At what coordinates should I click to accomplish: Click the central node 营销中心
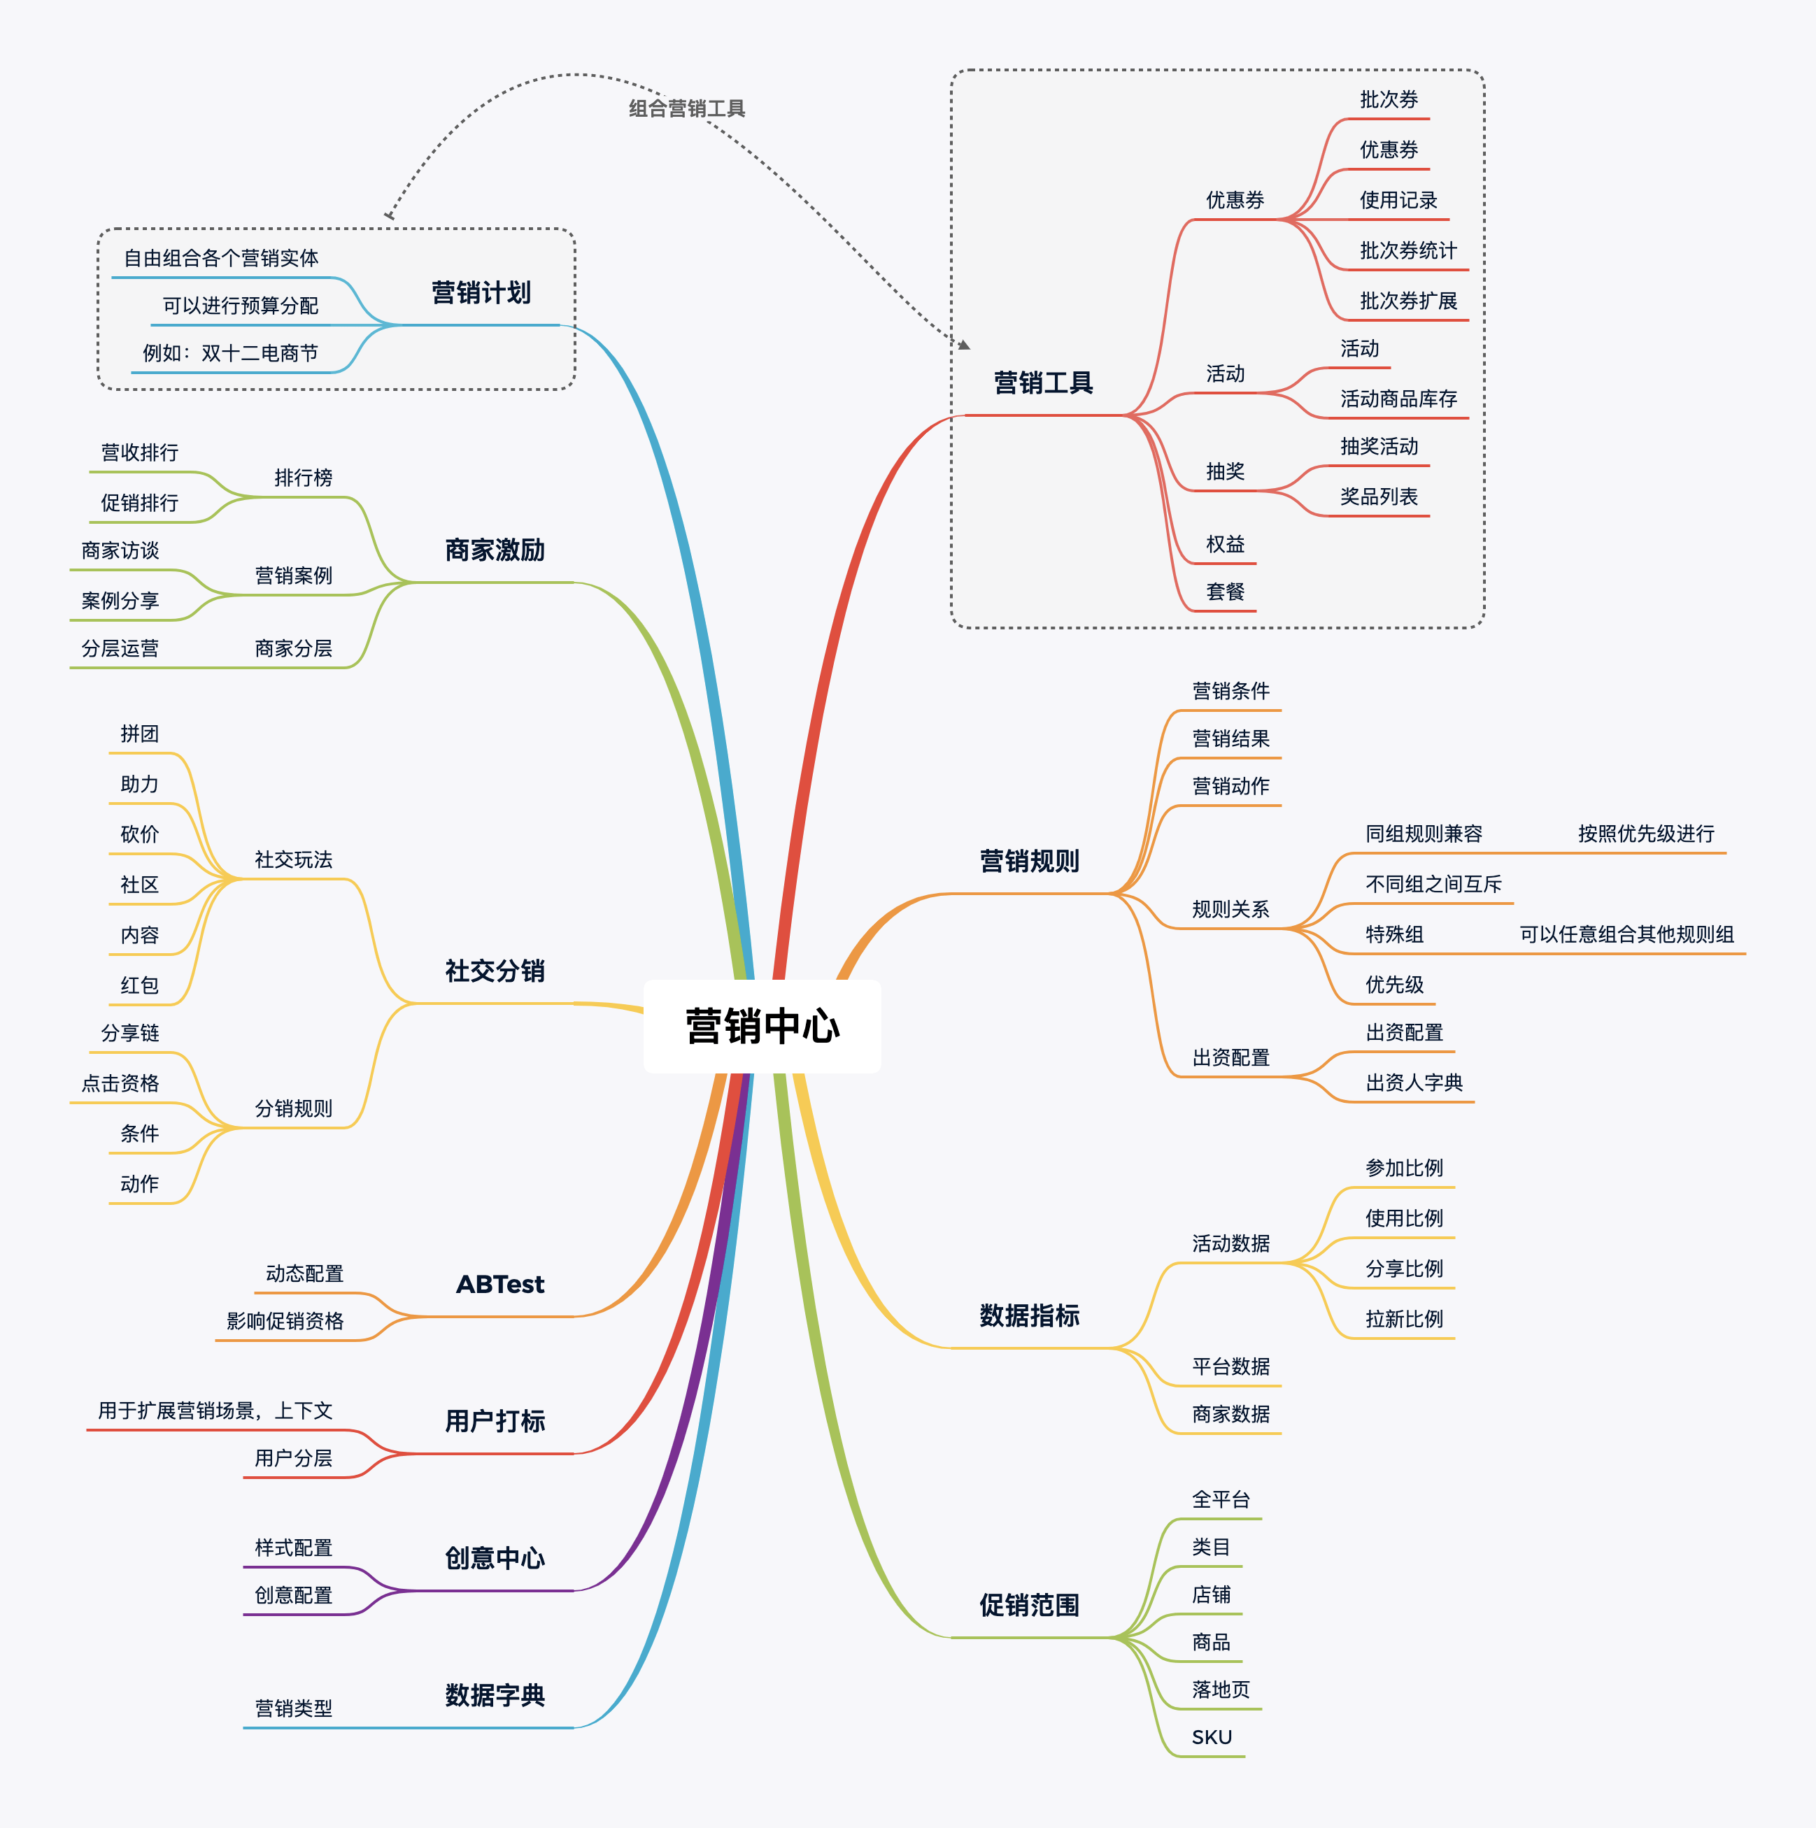pyautogui.click(x=762, y=1027)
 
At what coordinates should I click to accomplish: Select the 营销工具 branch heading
pyautogui.click(x=1043, y=383)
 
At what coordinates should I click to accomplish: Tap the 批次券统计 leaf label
pyautogui.click(x=1408, y=251)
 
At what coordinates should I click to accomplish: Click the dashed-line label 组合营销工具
pyautogui.click(x=687, y=109)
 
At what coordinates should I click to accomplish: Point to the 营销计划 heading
pyautogui.click(x=481, y=293)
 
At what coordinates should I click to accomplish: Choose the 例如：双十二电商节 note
pyautogui.click(x=230, y=354)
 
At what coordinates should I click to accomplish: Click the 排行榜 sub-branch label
pyautogui.click(x=303, y=478)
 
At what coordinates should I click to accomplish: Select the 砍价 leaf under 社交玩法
pyautogui.click(x=139, y=834)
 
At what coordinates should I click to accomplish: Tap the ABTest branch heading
pyautogui.click(x=499, y=1285)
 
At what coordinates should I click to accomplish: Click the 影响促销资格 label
pyautogui.click(x=285, y=1322)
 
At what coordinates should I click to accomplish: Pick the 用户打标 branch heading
pyautogui.click(x=495, y=1421)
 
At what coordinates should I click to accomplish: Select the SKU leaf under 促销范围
pyautogui.click(x=1212, y=1737)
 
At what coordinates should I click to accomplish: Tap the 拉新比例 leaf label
pyautogui.click(x=1403, y=1319)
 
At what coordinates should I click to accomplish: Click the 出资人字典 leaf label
pyautogui.click(x=1414, y=1083)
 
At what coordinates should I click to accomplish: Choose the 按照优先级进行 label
pyautogui.click(x=1645, y=834)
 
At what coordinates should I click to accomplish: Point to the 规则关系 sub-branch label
pyautogui.click(x=1230, y=909)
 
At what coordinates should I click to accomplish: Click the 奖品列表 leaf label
pyautogui.click(x=1379, y=497)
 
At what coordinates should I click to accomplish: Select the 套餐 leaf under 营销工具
pyautogui.click(x=1225, y=592)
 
